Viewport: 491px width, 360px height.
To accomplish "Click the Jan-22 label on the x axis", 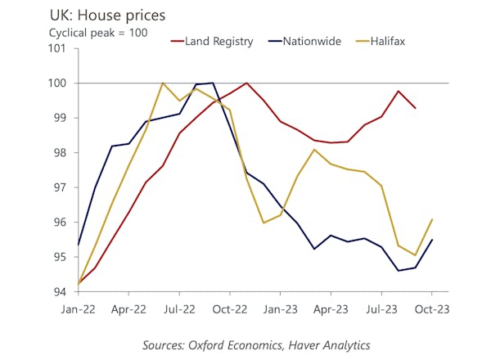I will coord(79,310).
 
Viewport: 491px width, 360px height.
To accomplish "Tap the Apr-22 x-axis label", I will coord(128,310).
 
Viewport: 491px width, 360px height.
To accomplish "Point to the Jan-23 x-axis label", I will coord(280,310).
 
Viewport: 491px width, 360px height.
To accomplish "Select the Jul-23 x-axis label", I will coord(381,310).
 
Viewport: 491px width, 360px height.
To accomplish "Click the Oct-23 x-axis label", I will coord(430,310).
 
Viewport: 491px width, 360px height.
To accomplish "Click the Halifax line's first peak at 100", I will coord(163,83).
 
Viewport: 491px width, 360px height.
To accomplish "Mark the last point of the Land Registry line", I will coord(415,108).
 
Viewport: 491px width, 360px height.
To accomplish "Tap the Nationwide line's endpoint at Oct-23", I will coord(431,240).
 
